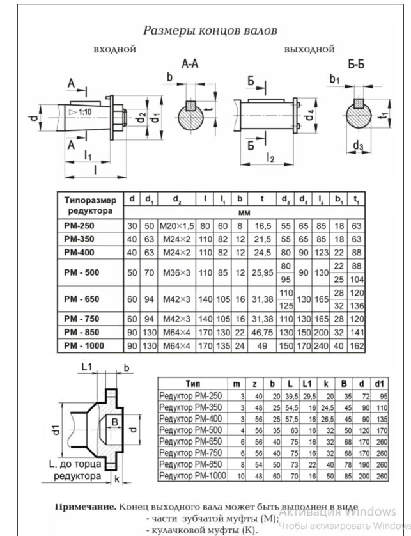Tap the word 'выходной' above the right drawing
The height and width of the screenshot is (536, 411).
pos(309,49)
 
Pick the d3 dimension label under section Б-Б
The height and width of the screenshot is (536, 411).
pos(359,145)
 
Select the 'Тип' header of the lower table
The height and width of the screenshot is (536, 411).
pos(192,383)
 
